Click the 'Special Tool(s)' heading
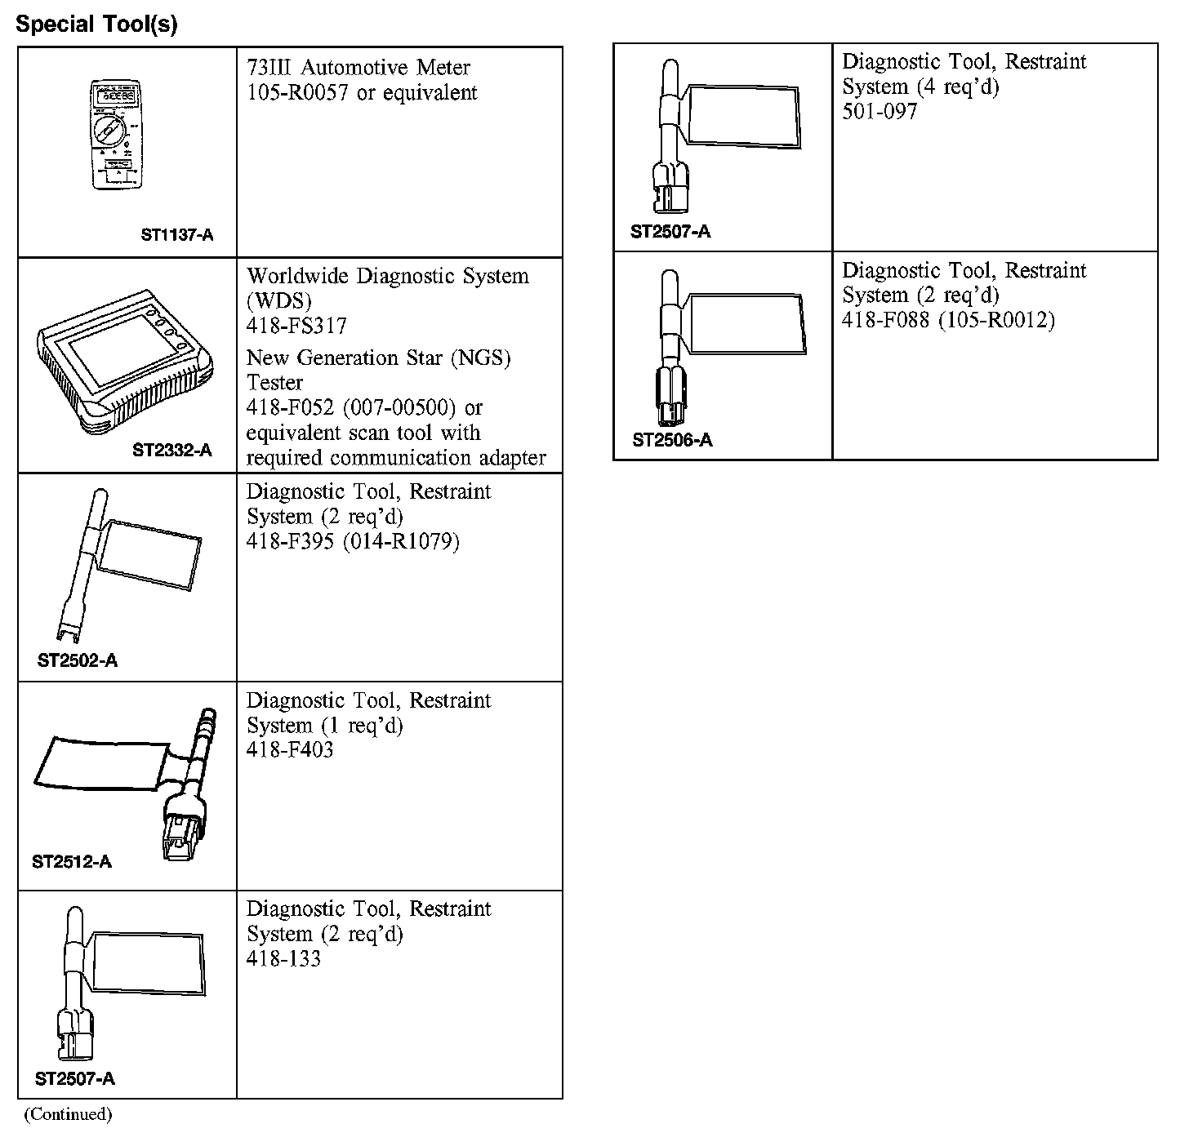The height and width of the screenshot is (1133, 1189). [96, 24]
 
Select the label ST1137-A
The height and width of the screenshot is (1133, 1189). [177, 235]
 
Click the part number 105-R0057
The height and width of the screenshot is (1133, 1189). [298, 93]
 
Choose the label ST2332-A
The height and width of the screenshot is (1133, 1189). [172, 450]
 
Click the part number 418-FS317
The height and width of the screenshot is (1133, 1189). [296, 327]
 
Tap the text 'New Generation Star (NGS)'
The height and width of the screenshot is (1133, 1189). [378, 358]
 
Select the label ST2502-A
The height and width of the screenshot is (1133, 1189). [78, 660]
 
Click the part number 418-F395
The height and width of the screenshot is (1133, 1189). [290, 542]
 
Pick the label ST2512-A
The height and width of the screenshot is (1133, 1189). [72, 861]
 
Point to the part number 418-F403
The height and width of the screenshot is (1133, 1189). [290, 750]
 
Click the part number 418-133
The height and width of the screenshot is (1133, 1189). [283, 958]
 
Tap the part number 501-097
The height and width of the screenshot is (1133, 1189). [880, 112]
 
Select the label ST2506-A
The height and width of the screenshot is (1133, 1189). [672, 441]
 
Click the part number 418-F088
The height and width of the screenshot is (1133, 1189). [885, 321]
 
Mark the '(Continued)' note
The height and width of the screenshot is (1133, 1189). [68, 1114]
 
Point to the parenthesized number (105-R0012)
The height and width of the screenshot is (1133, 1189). [995, 321]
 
